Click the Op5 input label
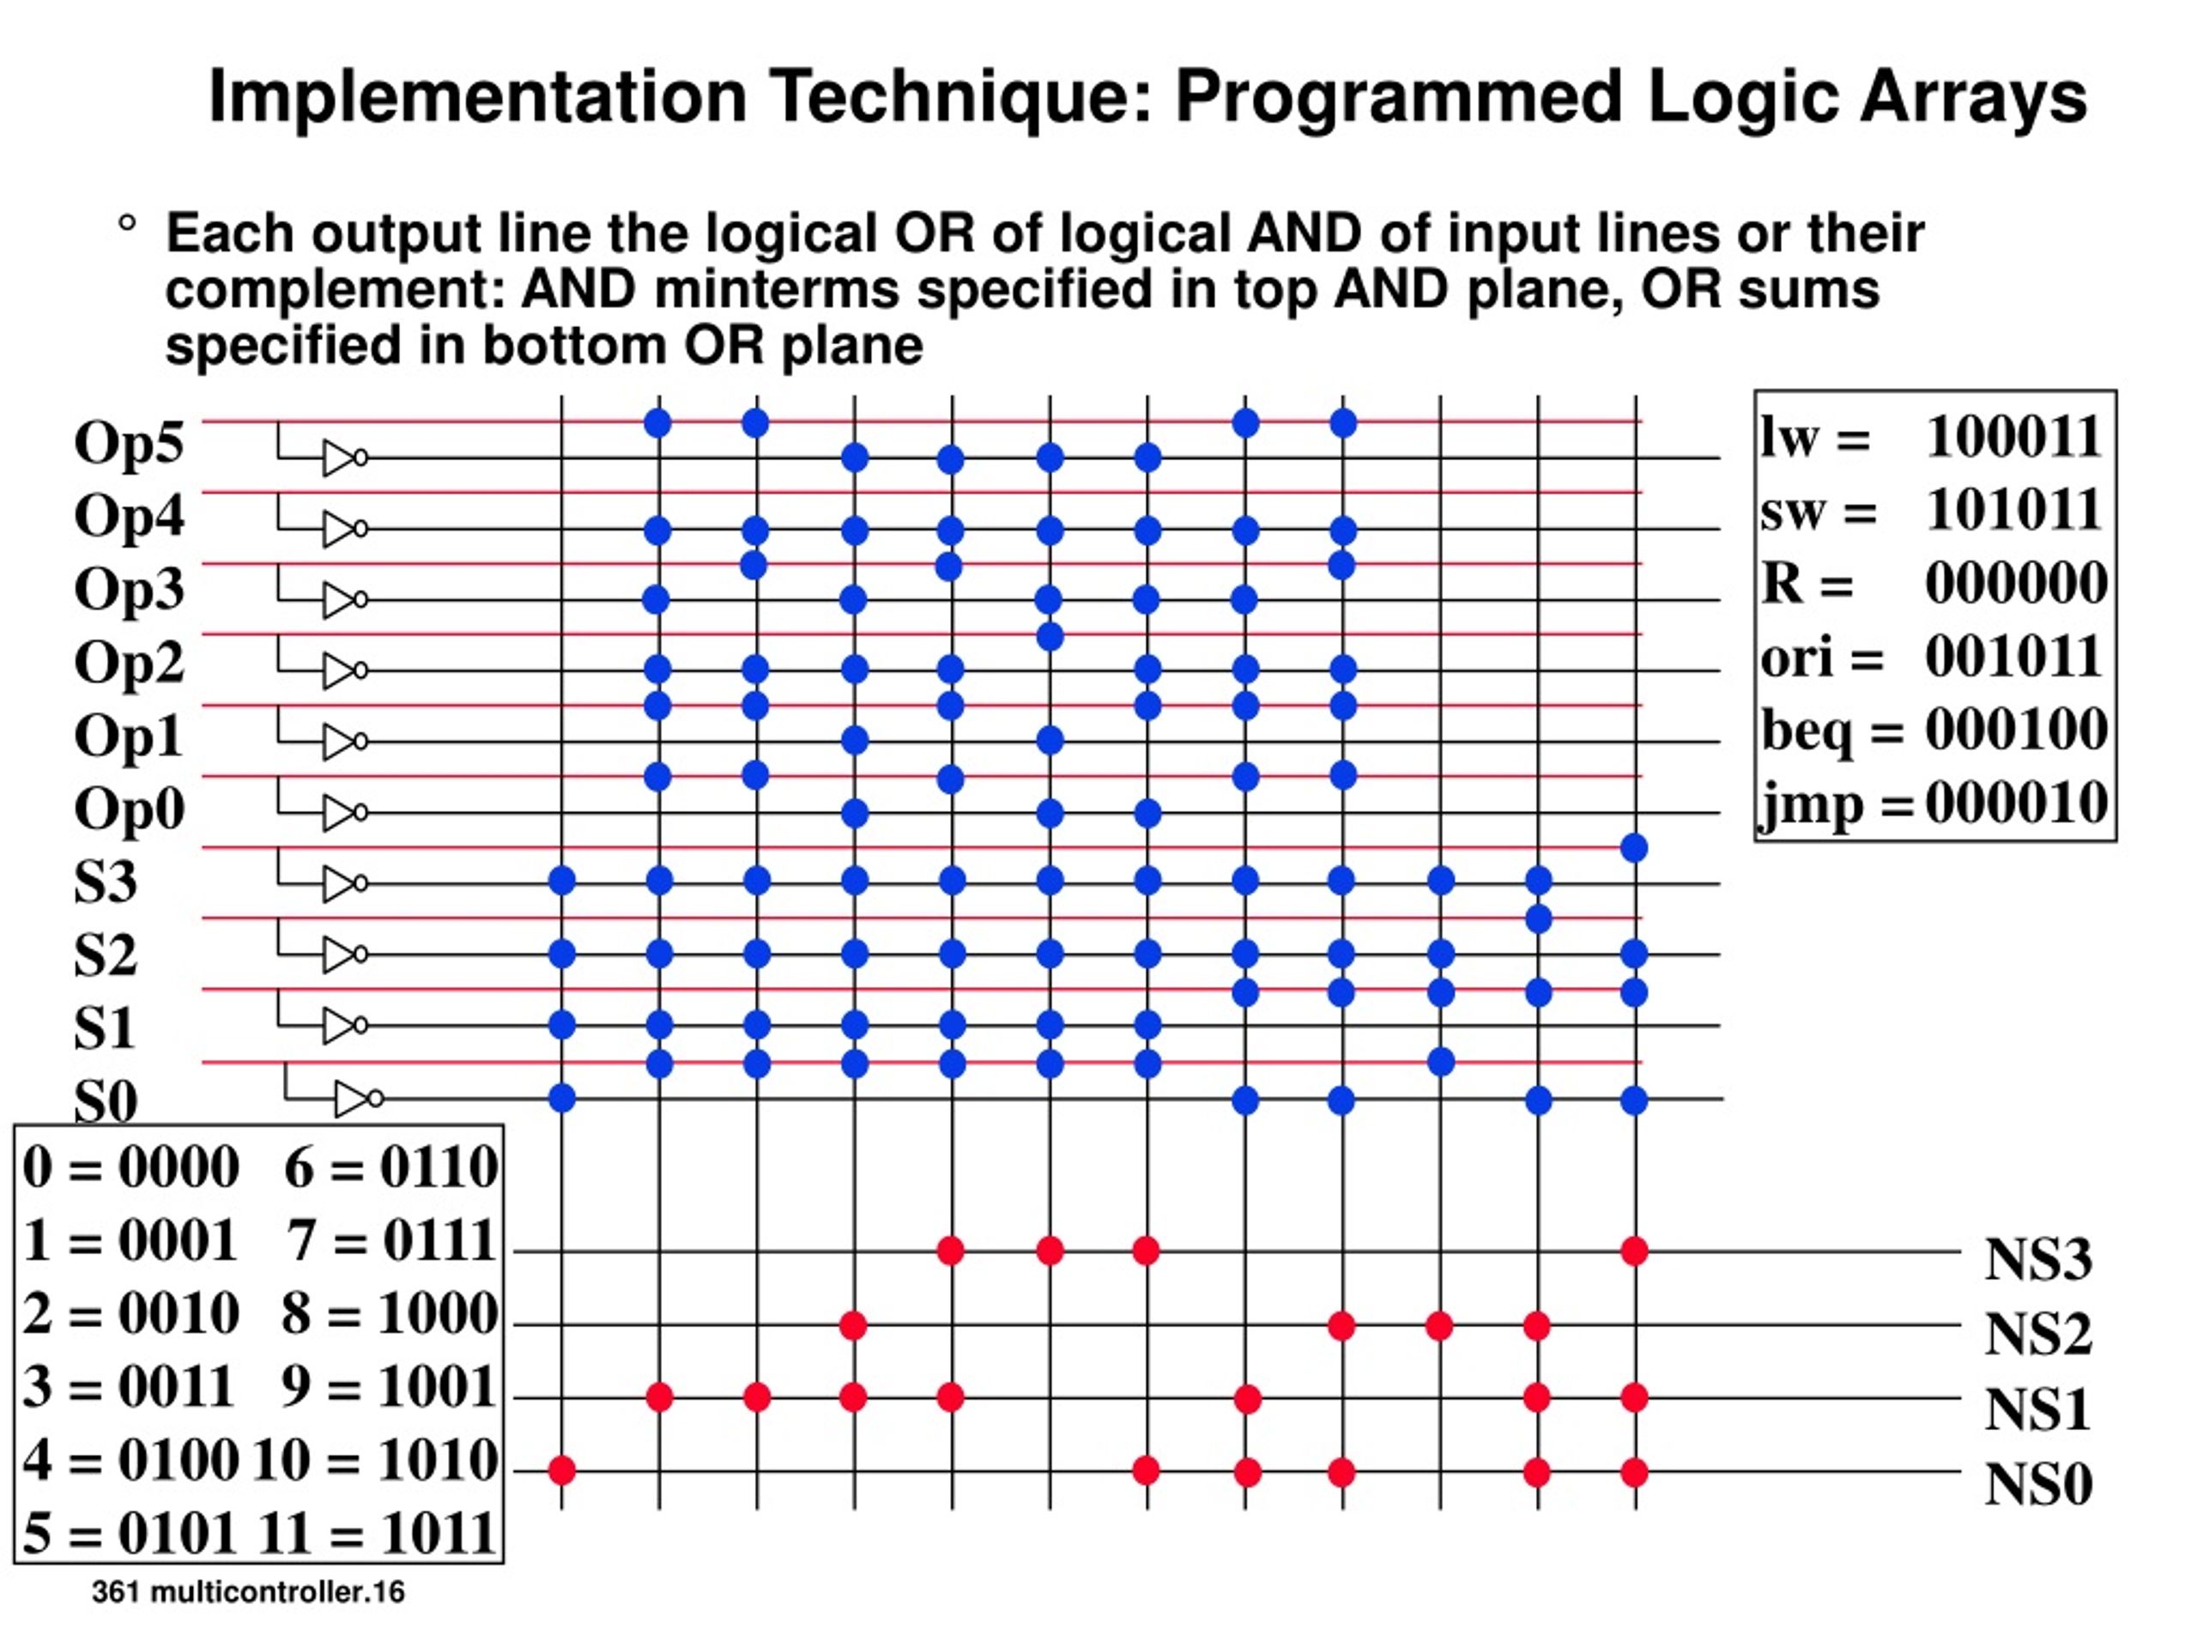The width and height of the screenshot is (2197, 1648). point(129,443)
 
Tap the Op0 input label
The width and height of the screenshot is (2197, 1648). point(129,809)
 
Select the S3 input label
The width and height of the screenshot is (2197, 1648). point(106,882)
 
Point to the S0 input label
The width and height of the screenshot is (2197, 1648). point(106,1100)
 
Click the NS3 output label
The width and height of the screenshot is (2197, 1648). point(2038,1259)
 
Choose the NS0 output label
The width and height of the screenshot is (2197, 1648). point(2038,1484)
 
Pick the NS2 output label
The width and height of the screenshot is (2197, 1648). point(2038,1334)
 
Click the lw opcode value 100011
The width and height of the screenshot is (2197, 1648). point(2013,437)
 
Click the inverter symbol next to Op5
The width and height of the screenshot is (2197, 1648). point(342,458)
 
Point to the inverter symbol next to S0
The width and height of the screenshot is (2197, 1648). point(358,1099)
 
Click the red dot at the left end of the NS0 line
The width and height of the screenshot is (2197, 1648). point(562,1470)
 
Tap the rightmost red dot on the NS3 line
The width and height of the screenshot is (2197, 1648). point(1634,1251)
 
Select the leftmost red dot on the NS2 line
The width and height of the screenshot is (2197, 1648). point(853,1325)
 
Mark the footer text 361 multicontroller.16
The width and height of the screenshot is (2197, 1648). point(248,1592)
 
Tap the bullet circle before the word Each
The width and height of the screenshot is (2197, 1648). point(126,225)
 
